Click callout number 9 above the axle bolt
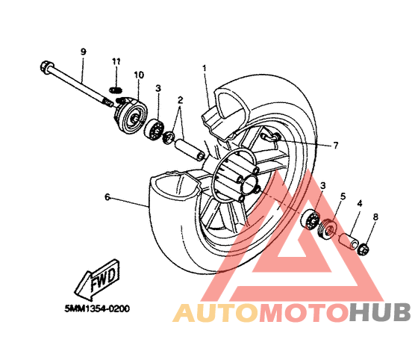[84, 52]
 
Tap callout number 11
[116, 61]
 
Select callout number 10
[139, 75]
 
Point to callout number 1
[205, 68]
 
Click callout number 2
[181, 100]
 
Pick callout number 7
[336, 146]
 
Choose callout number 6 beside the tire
[107, 197]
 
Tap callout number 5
[343, 196]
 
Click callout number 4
[360, 204]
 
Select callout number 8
[375, 217]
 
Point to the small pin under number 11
[116, 90]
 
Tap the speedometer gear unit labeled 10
[131, 116]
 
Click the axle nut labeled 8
[364, 249]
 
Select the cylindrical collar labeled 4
[348, 240]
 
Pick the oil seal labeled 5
[328, 229]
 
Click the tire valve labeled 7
[270, 136]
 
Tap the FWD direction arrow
[98, 279]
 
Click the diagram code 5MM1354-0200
[97, 308]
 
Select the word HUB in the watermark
[380, 312]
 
